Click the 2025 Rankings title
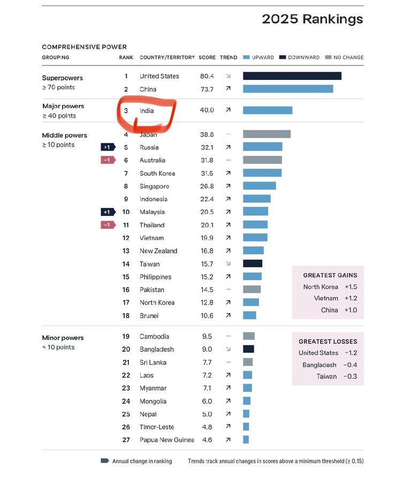click(x=312, y=19)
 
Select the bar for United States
click(x=292, y=76)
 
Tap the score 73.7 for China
click(x=207, y=89)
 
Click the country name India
click(x=147, y=110)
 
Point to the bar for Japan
click(x=266, y=134)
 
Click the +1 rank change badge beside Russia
click(x=108, y=147)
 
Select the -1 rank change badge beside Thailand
click(x=108, y=225)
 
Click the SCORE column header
click(x=207, y=57)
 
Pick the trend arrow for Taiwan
click(x=228, y=264)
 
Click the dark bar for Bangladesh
click(x=248, y=349)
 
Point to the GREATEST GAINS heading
click(x=330, y=275)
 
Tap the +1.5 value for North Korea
click(x=351, y=287)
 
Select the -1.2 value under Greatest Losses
click(x=351, y=353)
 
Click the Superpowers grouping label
click(x=62, y=78)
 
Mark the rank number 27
click(x=126, y=440)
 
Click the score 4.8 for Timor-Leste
click(x=207, y=427)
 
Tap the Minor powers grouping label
click(x=63, y=338)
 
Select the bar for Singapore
click(x=259, y=186)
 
